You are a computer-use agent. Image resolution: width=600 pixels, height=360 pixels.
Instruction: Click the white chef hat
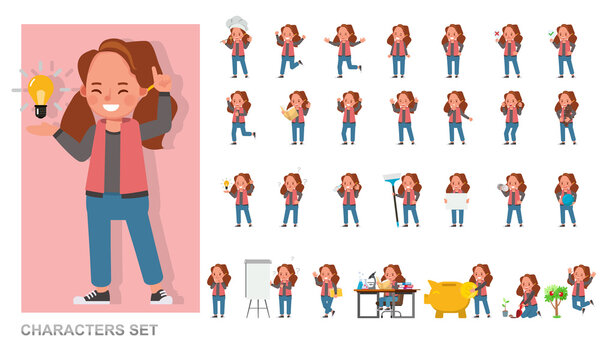[x=236, y=23]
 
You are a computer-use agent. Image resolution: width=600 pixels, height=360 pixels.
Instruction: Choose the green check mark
[x=553, y=34]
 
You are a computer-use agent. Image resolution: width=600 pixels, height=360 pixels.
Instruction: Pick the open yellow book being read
[x=290, y=113]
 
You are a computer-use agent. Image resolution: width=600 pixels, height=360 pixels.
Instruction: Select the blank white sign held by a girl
[x=457, y=200]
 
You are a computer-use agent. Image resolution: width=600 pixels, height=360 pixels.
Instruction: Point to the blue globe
[x=567, y=198]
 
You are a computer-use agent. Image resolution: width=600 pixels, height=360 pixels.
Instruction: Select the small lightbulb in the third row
[x=227, y=184]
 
